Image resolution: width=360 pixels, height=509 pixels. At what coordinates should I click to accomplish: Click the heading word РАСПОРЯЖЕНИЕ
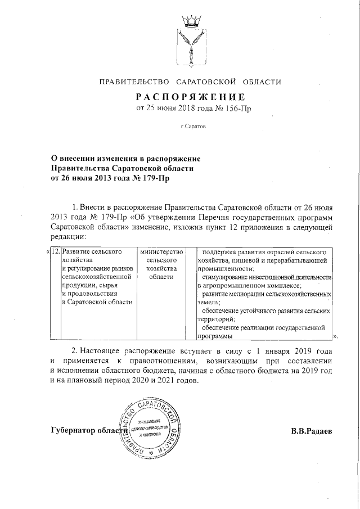(190, 96)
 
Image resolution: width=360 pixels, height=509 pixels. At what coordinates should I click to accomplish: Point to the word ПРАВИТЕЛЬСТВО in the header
(132, 82)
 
